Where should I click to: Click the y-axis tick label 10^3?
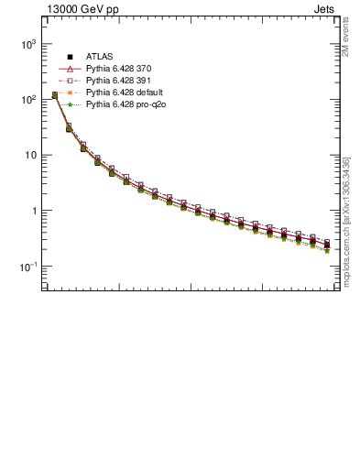pyautogui.click(x=27, y=44)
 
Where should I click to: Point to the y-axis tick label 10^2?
pyautogui.click(x=27, y=100)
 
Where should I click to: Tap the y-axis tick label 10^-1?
pyautogui.click(x=27, y=267)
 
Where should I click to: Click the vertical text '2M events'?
pyautogui.click(x=346, y=37)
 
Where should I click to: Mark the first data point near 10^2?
pyautogui.click(x=55, y=94)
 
